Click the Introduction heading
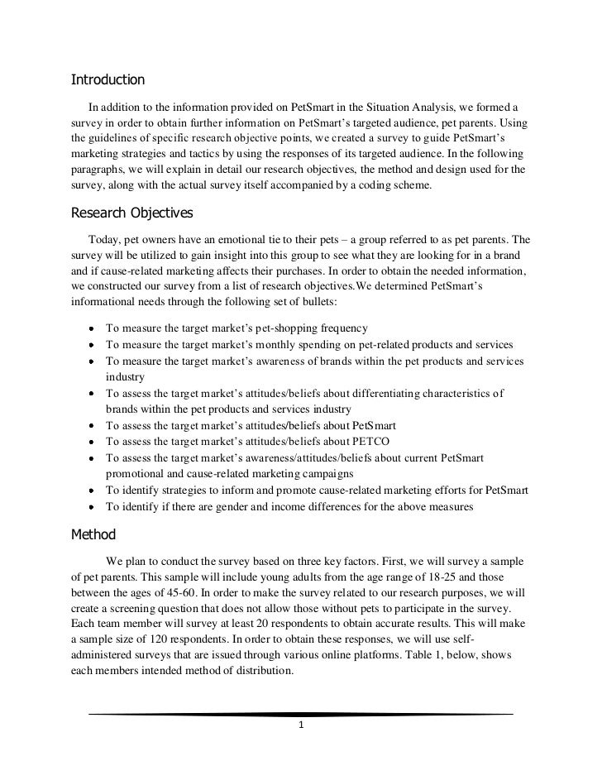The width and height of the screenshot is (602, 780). [107, 80]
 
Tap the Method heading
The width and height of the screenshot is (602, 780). [94, 534]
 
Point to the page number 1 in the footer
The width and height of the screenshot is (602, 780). [302, 727]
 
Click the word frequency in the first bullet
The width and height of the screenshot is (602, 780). [344, 328]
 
